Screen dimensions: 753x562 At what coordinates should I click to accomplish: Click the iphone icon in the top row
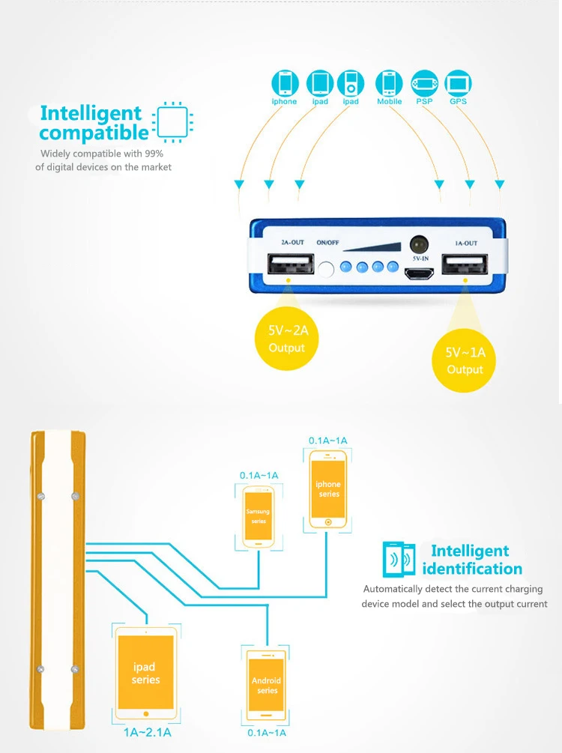[284, 82]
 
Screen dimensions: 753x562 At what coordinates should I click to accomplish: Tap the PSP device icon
[424, 82]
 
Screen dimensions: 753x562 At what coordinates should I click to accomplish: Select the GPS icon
[458, 82]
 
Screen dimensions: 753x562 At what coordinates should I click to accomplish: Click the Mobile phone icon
[389, 82]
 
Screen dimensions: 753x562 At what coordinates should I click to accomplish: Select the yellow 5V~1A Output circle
[465, 360]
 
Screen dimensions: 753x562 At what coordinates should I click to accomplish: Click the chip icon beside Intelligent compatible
[172, 121]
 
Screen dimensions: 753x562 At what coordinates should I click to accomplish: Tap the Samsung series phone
[258, 517]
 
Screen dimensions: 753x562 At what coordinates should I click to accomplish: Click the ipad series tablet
[145, 669]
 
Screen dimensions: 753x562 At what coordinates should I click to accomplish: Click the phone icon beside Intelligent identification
[398, 558]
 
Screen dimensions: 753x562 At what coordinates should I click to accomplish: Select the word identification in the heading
[472, 569]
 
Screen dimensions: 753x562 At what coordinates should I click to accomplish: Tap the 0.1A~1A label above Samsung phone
[259, 475]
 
